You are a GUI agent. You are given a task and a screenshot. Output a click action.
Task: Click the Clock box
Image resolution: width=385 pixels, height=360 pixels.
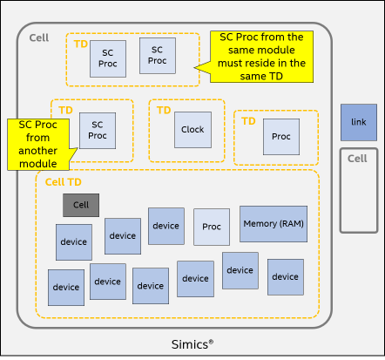click(192, 130)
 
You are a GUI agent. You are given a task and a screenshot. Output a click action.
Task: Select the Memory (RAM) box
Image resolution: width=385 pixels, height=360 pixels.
click(274, 224)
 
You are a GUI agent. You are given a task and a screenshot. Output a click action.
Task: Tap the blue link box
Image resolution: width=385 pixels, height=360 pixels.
click(359, 122)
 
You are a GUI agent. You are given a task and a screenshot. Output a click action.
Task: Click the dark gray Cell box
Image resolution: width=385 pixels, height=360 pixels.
click(81, 205)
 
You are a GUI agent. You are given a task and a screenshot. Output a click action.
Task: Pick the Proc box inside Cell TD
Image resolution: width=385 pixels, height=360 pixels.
click(212, 227)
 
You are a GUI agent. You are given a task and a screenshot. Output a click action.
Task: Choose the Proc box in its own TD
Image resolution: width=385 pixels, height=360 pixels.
click(281, 137)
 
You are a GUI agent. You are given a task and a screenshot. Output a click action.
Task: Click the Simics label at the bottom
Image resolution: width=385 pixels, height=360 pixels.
click(192, 344)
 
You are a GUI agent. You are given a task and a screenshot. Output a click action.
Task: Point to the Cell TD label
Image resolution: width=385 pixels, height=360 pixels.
click(64, 182)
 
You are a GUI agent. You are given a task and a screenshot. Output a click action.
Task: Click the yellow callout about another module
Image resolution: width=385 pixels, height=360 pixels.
click(38, 145)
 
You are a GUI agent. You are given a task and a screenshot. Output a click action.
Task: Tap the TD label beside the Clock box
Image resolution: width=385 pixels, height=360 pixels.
click(164, 111)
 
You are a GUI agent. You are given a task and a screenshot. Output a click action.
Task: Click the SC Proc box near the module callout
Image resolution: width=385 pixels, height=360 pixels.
click(98, 131)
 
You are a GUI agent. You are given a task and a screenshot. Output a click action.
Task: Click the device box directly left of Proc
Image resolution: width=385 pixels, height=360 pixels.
click(166, 226)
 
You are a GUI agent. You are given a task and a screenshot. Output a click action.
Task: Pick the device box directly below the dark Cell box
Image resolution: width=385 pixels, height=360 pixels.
click(74, 242)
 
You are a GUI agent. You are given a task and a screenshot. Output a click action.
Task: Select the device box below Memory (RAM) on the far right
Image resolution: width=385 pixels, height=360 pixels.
click(286, 277)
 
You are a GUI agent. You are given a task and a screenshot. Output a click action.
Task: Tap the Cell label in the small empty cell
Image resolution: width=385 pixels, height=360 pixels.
click(357, 159)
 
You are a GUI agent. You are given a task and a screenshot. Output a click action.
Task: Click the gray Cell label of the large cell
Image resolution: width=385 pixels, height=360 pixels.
click(39, 37)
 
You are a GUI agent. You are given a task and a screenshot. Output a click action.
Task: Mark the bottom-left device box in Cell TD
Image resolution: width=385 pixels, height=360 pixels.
click(66, 288)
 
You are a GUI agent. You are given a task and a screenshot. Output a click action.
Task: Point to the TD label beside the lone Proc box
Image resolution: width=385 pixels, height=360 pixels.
click(248, 121)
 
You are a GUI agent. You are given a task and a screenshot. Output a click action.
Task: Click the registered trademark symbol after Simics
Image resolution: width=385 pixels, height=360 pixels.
click(211, 342)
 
